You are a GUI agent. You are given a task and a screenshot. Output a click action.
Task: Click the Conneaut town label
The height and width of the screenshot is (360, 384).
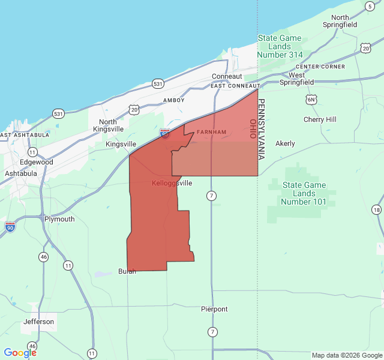227,76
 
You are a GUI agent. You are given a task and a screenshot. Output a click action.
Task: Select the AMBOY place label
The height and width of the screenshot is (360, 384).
174,100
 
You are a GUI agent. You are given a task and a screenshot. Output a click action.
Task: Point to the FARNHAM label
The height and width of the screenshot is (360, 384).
212,132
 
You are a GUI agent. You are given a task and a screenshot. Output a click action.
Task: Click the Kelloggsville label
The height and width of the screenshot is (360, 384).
172,183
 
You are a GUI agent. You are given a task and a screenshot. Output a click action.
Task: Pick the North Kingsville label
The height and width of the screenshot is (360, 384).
112,125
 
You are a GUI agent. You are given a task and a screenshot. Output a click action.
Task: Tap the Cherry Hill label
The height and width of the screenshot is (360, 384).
320,119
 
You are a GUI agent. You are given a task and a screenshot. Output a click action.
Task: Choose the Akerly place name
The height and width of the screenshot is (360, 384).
285,143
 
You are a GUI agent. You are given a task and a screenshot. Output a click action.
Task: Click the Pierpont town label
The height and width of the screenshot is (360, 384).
214,309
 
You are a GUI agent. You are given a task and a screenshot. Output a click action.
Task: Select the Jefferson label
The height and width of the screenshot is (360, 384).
39,322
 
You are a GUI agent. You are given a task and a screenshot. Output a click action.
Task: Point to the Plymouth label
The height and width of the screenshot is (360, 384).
59,219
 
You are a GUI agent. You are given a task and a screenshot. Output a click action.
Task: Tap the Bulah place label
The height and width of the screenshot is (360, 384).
127,271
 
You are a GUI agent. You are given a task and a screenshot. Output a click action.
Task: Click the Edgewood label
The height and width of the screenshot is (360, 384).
37,162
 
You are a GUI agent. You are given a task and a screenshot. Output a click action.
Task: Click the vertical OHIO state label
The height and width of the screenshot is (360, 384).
253,129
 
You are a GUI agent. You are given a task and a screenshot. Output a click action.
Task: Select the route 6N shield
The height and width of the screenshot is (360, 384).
310,99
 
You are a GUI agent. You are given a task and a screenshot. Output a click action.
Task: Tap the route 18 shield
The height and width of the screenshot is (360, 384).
376,209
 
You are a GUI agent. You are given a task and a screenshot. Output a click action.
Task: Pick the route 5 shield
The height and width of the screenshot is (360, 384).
370,5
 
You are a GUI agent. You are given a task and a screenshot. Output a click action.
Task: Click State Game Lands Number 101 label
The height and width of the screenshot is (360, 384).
304,193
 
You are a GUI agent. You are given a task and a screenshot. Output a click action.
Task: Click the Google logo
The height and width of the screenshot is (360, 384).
20,353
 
